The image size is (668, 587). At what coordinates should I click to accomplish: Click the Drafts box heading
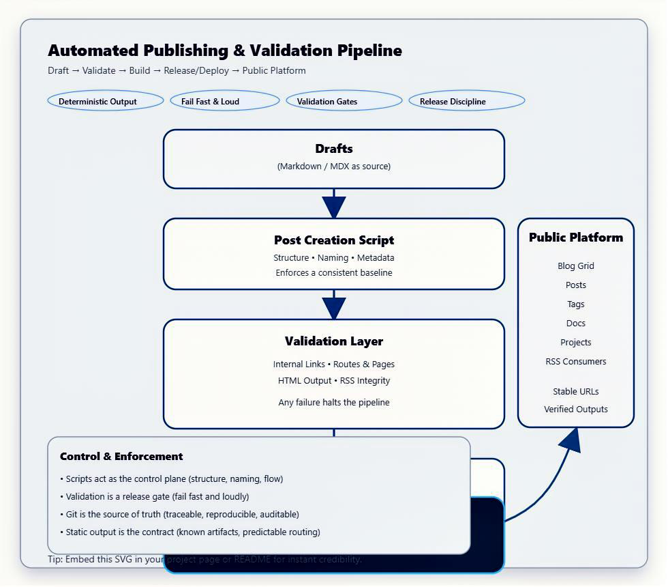pyautogui.click(x=334, y=149)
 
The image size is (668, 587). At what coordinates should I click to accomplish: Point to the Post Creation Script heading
pyautogui.click(x=334, y=240)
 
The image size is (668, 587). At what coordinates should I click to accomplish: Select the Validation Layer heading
pyautogui.click(x=334, y=341)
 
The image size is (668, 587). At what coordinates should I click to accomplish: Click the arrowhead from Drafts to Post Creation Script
pyautogui.click(x=334, y=207)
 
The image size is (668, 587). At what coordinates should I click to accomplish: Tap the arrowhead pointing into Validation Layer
pyautogui.click(x=334, y=308)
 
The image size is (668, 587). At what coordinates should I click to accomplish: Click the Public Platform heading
pyautogui.click(x=576, y=238)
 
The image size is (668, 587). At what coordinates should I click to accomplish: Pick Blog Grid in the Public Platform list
pyautogui.click(x=576, y=266)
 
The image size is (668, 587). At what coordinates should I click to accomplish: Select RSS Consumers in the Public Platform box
pyautogui.click(x=576, y=362)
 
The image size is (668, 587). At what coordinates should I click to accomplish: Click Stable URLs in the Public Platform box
pyautogui.click(x=576, y=392)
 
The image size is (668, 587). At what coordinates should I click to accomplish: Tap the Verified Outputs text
pyautogui.click(x=576, y=410)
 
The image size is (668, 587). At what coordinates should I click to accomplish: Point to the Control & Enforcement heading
pyautogui.click(x=121, y=457)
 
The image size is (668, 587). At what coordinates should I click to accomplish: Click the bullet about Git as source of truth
pyautogui.click(x=180, y=515)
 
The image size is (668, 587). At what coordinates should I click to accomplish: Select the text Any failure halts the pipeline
pyautogui.click(x=334, y=403)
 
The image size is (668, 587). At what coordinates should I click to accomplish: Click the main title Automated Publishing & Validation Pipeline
pyautogui.click(x=225, y=51)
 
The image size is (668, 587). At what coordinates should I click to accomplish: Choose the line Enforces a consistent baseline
pyautogui.click(x=334, y=273)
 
